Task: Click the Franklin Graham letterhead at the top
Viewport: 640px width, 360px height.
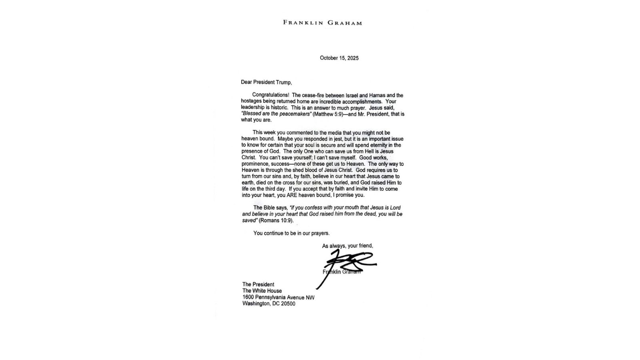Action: [x=322, y=23]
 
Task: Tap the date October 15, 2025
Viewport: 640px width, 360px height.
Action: [x=339, y=58]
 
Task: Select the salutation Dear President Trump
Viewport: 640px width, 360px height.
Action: [x=266, y=82]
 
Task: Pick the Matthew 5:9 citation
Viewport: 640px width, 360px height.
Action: [x=326, y=114]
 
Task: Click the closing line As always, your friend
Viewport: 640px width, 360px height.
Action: [x=348, y=246]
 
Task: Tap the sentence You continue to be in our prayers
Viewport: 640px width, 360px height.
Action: [x=291, y=233]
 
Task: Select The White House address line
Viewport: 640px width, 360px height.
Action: [x=262, y=291]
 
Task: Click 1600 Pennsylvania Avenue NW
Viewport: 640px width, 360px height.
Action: [x=278, y=297]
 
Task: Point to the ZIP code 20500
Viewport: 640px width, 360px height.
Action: [x=288, y=304]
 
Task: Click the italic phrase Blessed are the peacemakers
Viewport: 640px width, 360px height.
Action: [x=276, y=114]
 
